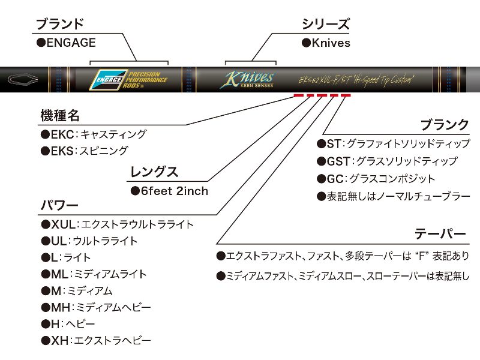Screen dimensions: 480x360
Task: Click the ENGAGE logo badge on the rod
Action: [108, 80]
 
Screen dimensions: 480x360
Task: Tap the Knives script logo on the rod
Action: [247, 79]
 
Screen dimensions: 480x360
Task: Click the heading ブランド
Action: [60, 24]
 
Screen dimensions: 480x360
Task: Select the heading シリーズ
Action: [325, 24]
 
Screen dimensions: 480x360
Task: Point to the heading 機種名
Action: [60, 116]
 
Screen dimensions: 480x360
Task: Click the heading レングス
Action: [154, 172]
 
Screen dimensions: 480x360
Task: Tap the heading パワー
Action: [59, 205]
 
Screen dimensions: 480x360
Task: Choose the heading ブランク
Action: [445, 125]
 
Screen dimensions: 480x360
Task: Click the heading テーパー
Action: [440, 234]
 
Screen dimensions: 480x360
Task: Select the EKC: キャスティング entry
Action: [94, 134]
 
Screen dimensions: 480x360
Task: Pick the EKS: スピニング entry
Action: [85, 151]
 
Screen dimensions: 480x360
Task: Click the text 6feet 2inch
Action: [170, 191]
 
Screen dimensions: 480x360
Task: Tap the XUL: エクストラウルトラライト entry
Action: [117, 224]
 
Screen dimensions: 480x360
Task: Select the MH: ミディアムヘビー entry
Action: [96, 307]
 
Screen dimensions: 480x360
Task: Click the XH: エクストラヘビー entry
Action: [96, 340]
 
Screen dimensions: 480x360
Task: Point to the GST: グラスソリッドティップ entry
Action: [387, 161]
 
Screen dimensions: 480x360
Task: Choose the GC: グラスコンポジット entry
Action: [376, 179]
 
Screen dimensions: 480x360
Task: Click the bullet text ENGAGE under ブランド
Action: [66, 43]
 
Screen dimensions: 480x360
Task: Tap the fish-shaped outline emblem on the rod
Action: [23, 79]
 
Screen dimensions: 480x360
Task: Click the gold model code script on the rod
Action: [356, 80]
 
